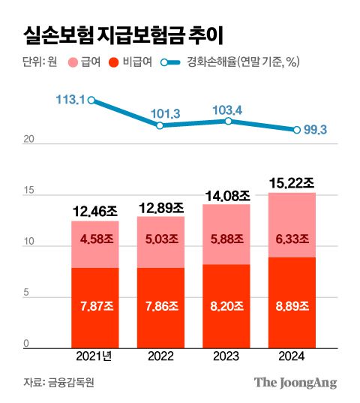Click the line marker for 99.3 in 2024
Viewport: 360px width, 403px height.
click(x=297, y=130)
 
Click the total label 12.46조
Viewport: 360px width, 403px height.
click(x=95, y=211)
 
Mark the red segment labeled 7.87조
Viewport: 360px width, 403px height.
click(x=95, y=308)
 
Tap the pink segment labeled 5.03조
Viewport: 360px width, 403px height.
click(x=161, y=239)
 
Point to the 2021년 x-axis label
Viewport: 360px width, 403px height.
click(x=95, y=357)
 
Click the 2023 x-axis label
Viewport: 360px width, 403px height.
click(x=226, y=357)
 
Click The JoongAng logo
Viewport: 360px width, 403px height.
click(x=295, y=382)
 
